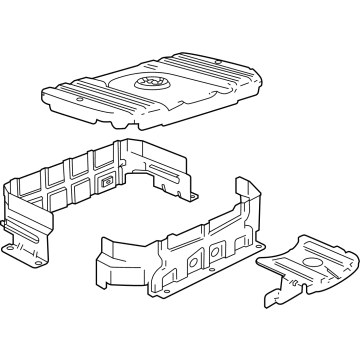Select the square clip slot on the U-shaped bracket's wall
click(106, 183)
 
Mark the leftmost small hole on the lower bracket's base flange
click(128, 293)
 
